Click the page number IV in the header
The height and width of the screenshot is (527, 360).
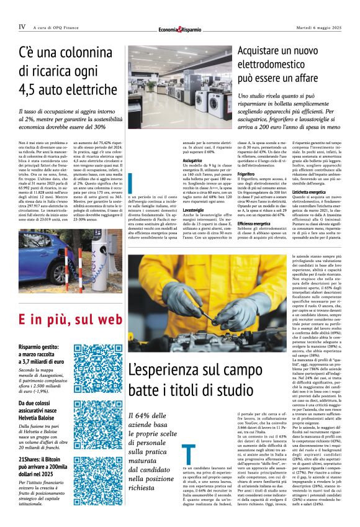[22, 27]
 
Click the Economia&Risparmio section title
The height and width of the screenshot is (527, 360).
[179, 29]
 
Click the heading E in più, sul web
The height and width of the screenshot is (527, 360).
[68, 320]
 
